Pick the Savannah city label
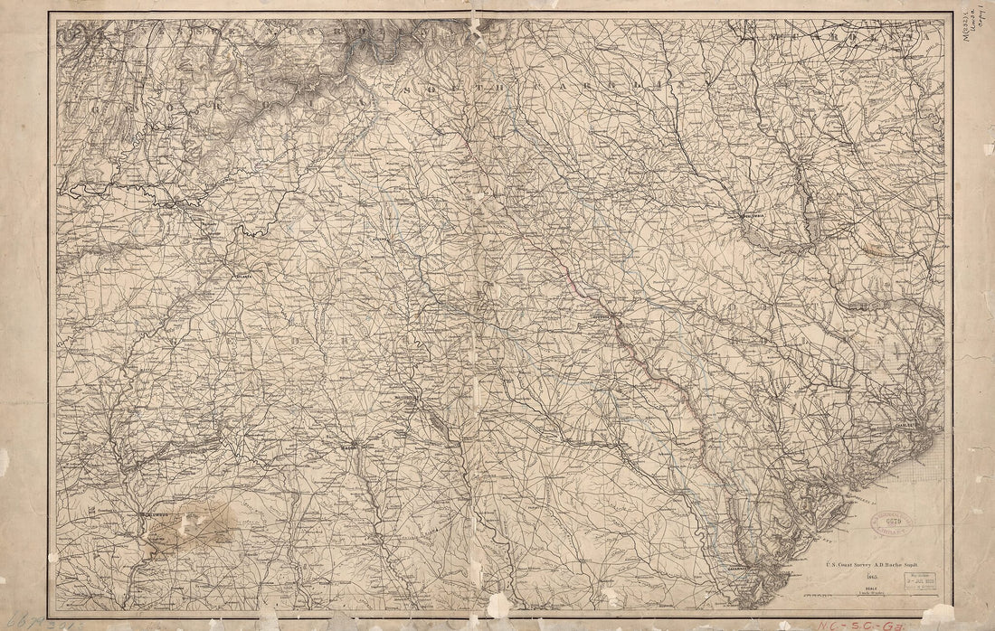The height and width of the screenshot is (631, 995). [731, 570]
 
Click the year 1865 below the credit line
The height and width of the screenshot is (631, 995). [848, 576]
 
